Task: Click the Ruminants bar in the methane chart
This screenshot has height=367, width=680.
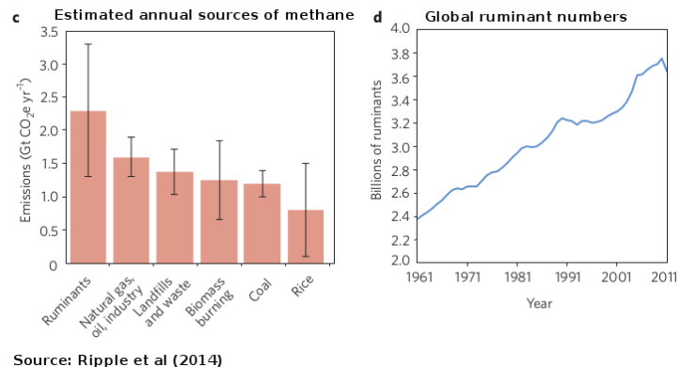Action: tap(87, 187)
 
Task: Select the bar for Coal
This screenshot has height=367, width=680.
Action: tap(262, 223)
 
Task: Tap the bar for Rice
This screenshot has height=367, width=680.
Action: tap(306, 236)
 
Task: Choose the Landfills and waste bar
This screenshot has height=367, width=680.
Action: tap(175, 217)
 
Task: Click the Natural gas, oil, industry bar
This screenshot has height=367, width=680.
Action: tap(131, 210)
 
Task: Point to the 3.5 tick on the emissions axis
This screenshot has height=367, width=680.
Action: tap(48, 32)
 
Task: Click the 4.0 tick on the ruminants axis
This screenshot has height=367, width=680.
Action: tap(398, 29)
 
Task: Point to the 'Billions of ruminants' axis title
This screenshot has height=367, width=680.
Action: tap(376, 147)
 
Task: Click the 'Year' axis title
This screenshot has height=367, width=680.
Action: tap(539, 303)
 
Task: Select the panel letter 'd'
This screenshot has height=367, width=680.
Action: tap(377, 16)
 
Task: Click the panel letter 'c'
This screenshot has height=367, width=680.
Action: tap(16, 16)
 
